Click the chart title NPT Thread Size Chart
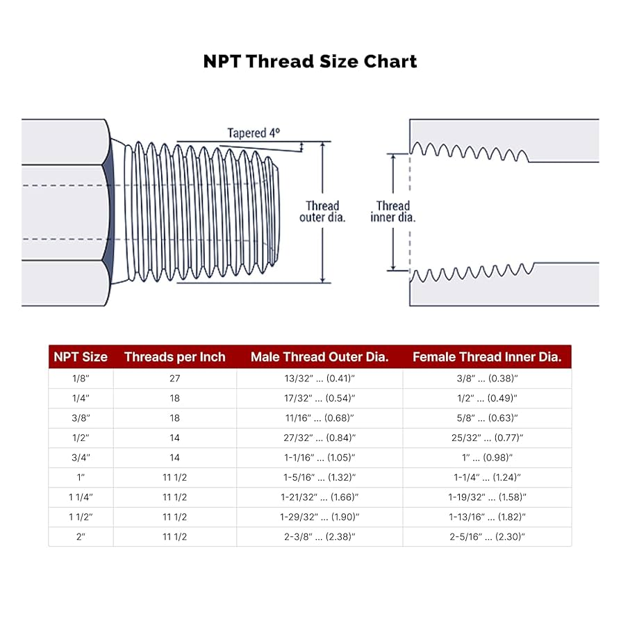[x=310, y=61]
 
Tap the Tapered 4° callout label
[x=253, y=133]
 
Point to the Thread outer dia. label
[x=322, y=211]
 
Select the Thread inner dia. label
[x=392, y=211]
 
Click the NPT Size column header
[x=81, y=357]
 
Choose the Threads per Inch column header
[x=174, y=357]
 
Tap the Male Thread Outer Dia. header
[x=319, y=357]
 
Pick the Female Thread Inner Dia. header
[x=486, y=357]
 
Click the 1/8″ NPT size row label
[x=81, y=379]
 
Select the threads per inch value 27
[x=174, y=379]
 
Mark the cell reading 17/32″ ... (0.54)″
[x=319, y=398]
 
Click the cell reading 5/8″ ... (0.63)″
[x=486, y=418]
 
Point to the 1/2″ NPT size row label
[x=81, y=438]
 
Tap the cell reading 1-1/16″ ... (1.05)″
[x=319, y=458]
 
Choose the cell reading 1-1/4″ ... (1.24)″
[x=486, y=477]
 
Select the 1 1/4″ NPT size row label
[x=81, y=497]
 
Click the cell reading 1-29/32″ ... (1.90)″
[x=319, y=517]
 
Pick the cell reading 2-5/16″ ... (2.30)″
[x=486, y=536]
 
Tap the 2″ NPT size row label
[x=81, y=536]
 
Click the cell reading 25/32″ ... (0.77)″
[x=486, y=438]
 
